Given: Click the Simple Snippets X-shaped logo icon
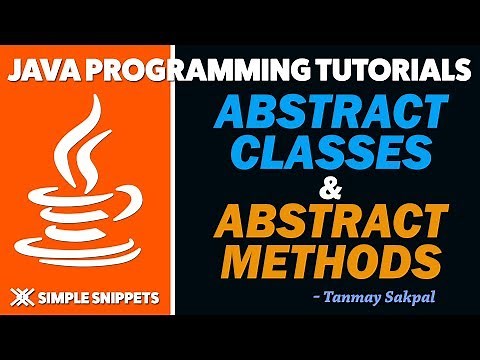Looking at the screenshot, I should point(21,296).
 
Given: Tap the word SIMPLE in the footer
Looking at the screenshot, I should point(66,297).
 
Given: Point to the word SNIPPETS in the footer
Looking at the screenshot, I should point(131,297).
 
